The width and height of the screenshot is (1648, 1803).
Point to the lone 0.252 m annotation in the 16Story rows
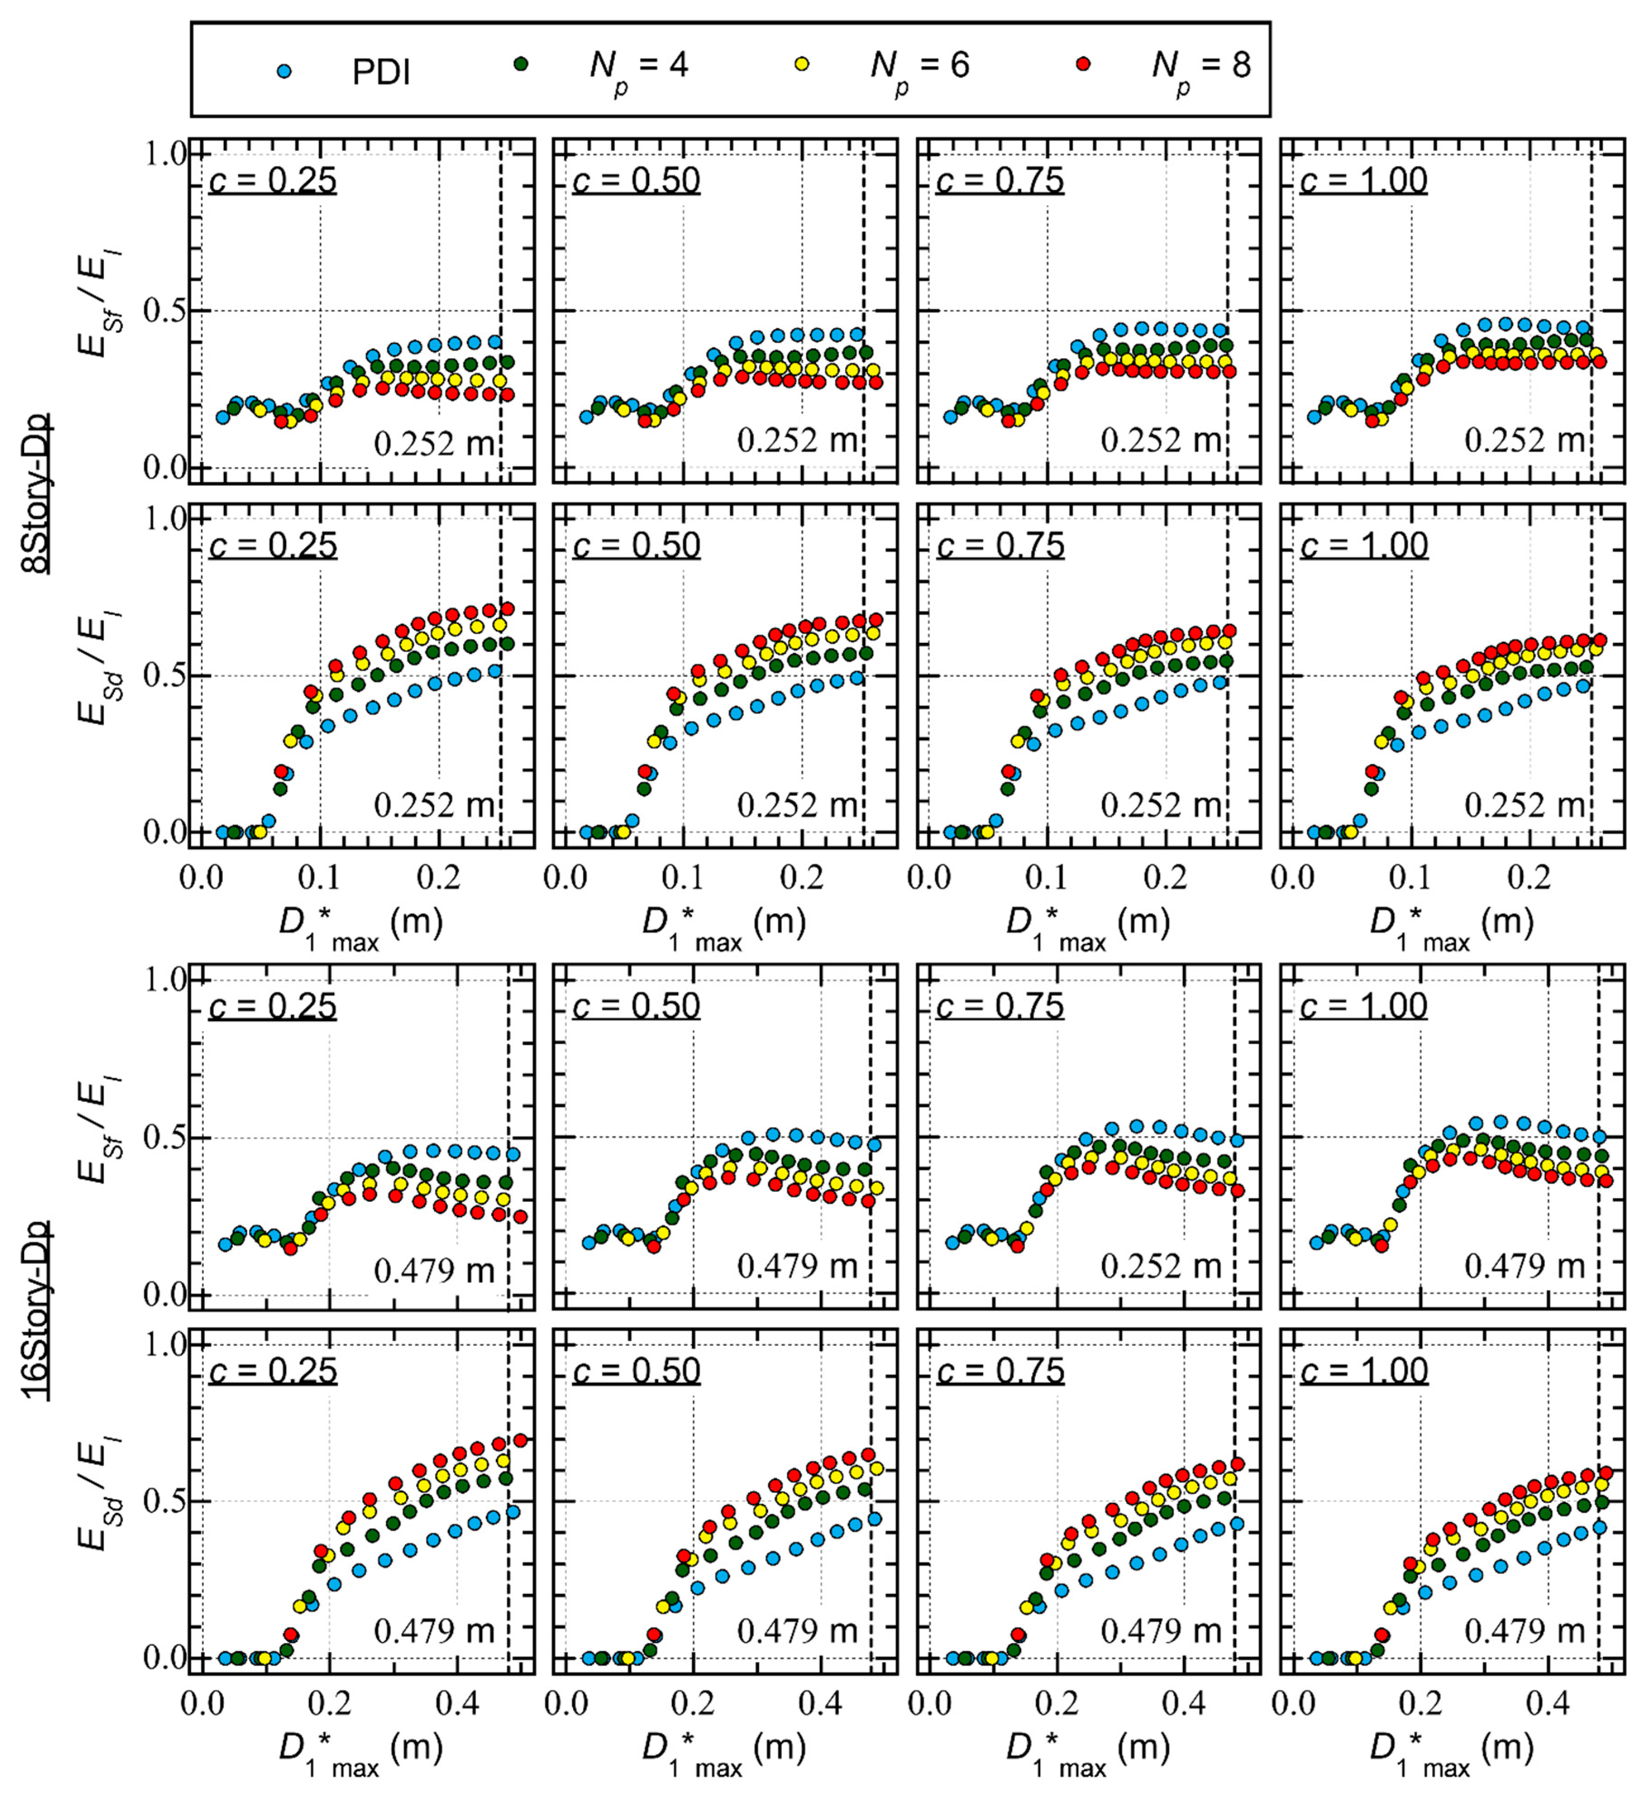coord(1160,1265)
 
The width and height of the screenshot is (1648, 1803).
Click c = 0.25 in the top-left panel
coord(273,180)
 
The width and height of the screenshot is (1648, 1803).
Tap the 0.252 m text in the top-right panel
coord(1525,440)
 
